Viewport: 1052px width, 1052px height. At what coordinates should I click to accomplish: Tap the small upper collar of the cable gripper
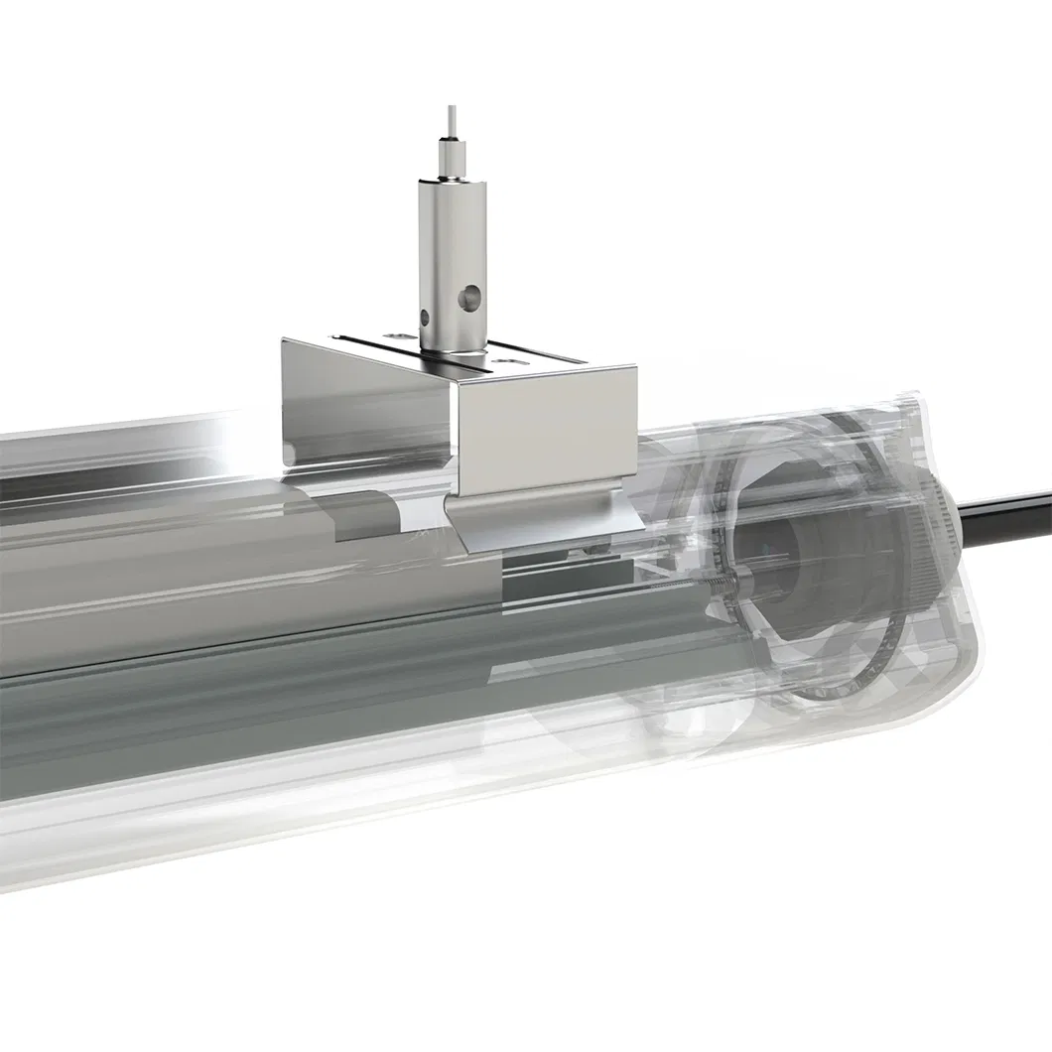tap(451, 160)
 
